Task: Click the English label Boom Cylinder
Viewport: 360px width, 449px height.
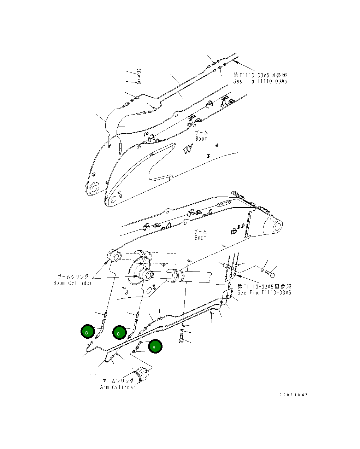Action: [72, 283]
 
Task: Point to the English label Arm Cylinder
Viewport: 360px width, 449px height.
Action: [118, 387]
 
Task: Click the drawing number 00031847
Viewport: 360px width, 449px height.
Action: [293, 395]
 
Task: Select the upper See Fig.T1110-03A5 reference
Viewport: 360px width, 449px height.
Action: [260, 81]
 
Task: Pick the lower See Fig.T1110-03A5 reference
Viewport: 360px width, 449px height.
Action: [264, 293]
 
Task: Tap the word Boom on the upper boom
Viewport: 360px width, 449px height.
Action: [201, 139]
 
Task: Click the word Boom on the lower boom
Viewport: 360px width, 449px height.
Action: [200, 238]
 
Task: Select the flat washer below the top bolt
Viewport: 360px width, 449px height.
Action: [138, 83]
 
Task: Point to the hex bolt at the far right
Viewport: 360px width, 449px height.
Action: [271, 274]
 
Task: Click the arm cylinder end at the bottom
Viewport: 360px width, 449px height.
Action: [143, 375]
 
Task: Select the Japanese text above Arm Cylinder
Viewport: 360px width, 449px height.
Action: [118, 381]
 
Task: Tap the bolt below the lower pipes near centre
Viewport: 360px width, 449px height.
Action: [182, 338]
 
